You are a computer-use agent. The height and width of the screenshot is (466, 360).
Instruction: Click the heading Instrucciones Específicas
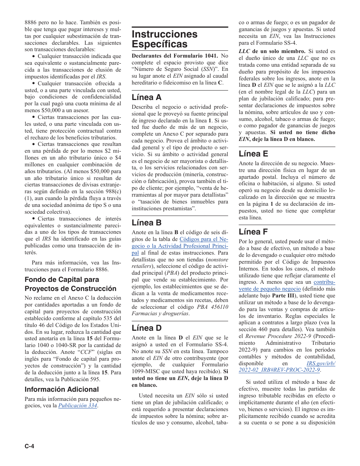pyautogui.click(x=164, y=39)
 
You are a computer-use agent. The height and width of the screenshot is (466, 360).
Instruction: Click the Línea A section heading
pyautogui.click(x=146, y=97)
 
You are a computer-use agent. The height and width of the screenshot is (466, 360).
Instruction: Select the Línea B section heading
pyautogui.click(x=146, y=222)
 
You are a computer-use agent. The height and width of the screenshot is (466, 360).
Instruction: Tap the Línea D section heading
pyautogui.click(x=147, y=328)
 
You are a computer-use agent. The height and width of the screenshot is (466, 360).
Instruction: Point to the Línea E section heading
pyautogui.click(x=253, y=153)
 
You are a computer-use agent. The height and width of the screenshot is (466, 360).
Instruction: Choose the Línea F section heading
pyautogui.click(x=253, y=231)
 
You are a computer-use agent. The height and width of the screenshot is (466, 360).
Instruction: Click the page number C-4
pyautogui.click(x=30, y=446)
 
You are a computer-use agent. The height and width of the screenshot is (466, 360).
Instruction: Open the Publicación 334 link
pyautogui.click(x=78, y=406)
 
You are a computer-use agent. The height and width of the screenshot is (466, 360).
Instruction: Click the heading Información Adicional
pyautogui.click(x=62, y=389)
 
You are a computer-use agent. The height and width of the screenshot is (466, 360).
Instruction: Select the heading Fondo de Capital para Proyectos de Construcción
pyautogui.click(x=70, y=284)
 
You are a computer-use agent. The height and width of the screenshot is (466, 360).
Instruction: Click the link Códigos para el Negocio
pyautogui.click(x=203, y=239)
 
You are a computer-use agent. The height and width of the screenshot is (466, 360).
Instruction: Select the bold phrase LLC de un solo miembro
pyautogui.click(x=272, y=51)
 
